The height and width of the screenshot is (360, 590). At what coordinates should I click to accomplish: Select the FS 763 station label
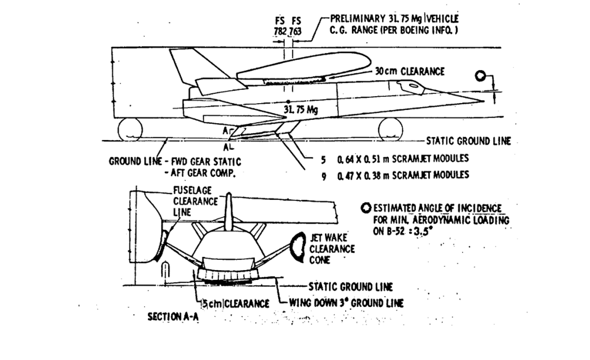295,26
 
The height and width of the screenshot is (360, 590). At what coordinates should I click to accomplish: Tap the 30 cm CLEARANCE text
410,71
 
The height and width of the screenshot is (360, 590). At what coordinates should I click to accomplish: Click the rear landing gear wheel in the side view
130,130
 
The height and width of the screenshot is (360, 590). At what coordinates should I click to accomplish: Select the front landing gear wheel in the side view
391,129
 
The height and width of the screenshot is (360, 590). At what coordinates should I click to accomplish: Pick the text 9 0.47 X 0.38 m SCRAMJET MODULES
394,174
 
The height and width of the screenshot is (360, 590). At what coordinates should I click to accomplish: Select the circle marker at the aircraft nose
480,77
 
